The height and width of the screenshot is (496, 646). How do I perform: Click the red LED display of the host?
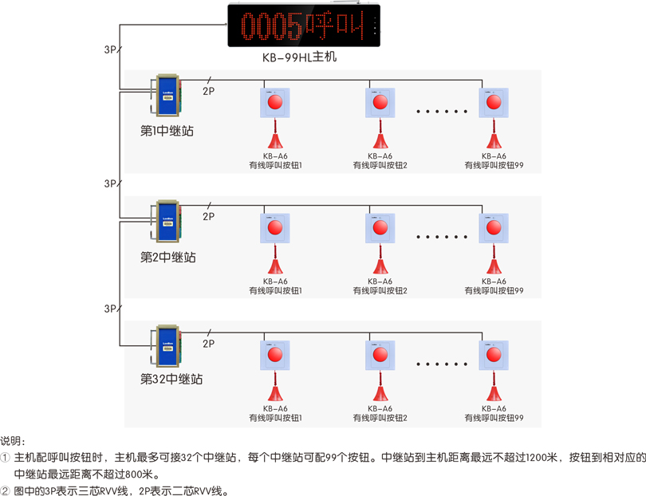304,26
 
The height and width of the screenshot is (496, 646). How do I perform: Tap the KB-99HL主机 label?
300,57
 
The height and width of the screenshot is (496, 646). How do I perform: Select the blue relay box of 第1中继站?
167,95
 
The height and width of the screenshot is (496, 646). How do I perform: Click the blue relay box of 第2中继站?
167,221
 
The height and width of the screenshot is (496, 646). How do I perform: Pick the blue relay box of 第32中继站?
167,346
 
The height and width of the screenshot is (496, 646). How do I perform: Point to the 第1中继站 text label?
167,131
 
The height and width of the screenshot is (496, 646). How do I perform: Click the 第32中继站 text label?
171,379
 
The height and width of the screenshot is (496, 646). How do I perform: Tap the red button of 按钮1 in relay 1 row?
275,102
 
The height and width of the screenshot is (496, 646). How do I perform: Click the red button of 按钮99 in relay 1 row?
494,102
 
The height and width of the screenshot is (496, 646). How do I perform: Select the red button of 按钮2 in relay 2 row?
380,227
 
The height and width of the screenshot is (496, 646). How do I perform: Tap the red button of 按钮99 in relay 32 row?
494,354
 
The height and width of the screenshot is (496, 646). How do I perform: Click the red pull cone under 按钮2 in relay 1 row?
380,140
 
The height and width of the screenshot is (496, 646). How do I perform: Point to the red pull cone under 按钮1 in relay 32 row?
275,392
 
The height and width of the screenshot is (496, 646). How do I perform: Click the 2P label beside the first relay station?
208,91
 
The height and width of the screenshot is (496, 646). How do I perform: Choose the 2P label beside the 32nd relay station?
208,344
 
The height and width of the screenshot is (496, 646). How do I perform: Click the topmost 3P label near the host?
110,49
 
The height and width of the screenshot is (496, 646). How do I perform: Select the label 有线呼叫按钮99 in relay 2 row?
494,291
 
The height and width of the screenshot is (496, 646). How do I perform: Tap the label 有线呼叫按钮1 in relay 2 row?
275,291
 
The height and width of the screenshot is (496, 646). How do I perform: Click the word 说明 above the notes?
10,441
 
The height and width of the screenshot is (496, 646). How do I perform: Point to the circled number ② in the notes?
5,490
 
